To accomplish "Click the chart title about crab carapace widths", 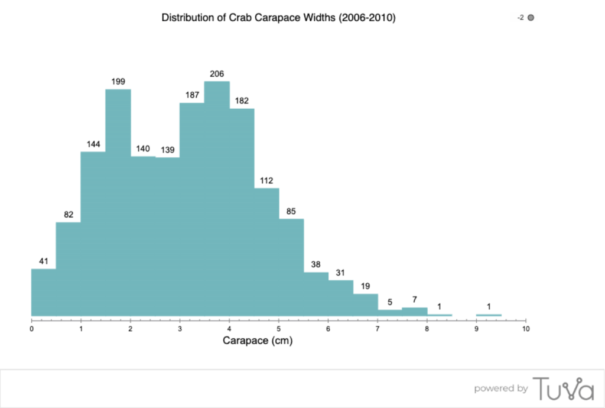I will tap(278, 18).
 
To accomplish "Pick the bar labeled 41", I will tap(44, 293).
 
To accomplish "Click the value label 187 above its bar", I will tap(192, 95).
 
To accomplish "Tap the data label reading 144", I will tap(93, 144).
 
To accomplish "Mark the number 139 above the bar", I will tap(167, 150).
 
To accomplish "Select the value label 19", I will tap(365, 286).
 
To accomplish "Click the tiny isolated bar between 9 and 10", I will tap(489, 315).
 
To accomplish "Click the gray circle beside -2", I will tap(531, 18).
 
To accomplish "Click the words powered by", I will tap(501, 388).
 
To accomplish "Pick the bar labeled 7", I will tap(415, 312).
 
